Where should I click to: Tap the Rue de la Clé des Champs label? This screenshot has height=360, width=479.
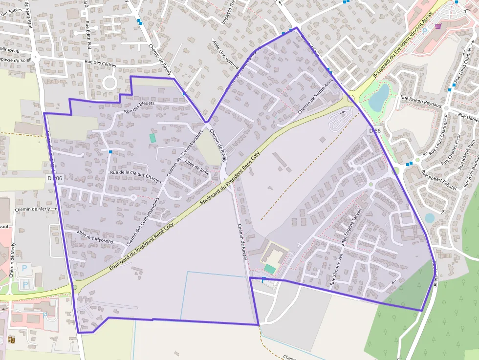pyautogui.click(x=136, y=173)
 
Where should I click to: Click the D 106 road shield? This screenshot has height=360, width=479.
pyautogui.click(x=55, y=179)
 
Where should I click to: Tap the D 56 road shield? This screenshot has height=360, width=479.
pyautogui.click(x=374, y=131)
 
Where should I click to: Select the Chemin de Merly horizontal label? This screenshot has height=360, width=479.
pyautogui.click(x=33, y=209)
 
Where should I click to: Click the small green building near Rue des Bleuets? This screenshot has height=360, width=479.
pyautogui.click(x=152, y=138)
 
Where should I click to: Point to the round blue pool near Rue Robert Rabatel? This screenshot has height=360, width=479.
pyautogui.click(x=429, y=218)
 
